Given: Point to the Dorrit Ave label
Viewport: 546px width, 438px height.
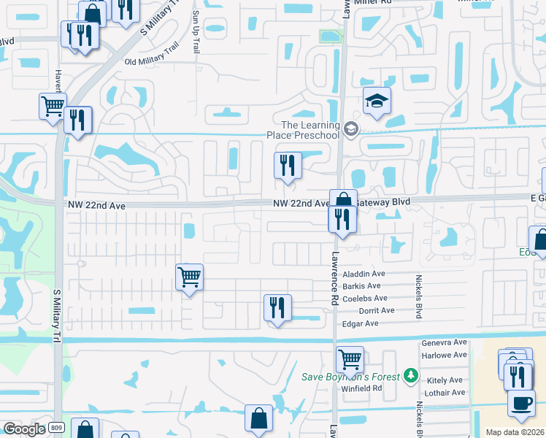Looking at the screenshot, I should [x=377, y=310].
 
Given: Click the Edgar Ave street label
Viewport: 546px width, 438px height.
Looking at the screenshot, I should [x=361, y=323].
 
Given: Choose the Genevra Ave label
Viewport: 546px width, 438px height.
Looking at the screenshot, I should [x=444, y=342].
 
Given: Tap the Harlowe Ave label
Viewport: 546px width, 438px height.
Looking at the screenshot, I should [x=444, y=355].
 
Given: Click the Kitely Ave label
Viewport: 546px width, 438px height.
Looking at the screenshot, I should [x=445, y=380].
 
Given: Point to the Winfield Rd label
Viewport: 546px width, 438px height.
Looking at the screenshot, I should [x=361, y=388].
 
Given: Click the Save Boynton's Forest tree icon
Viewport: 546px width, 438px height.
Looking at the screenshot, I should [x=412, y=376].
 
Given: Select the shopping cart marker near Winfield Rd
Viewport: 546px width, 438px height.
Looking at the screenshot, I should [x=350, y=359].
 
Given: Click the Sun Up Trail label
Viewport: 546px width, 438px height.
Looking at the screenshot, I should [x=196, y=32].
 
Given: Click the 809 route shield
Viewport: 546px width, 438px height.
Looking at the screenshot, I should [x=58, y=428].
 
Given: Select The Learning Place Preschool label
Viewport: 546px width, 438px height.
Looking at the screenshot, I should [x=311, y=130].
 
